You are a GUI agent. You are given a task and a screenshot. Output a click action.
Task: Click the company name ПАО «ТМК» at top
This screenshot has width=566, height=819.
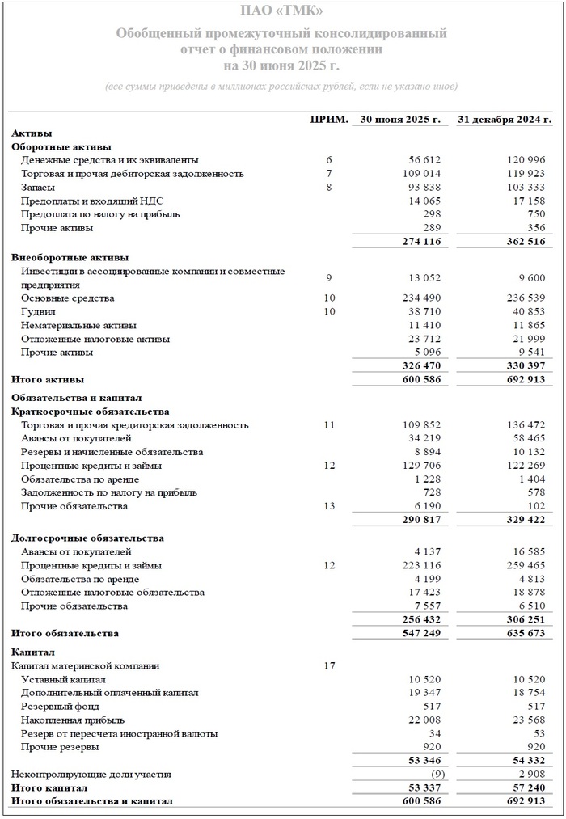point(282,11)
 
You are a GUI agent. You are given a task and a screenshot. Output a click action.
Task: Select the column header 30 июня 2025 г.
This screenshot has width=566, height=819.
point(400,119)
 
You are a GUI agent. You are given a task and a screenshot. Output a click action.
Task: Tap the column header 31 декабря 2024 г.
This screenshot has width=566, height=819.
point(505,119)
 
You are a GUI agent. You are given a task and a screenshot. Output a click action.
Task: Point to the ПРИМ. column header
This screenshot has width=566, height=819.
point(329,119)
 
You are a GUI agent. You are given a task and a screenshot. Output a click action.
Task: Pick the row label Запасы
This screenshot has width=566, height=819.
point(38,188)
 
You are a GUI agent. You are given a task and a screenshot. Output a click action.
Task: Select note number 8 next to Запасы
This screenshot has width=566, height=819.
point(329,188)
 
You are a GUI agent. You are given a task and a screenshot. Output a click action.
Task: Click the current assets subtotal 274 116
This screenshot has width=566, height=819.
point(421,242)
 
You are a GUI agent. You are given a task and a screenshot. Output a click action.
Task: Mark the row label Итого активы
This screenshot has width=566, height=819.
point(48,379)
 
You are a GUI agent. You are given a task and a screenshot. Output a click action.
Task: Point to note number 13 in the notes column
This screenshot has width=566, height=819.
point(329,506)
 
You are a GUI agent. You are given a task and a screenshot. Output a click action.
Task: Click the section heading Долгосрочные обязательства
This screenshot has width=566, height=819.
point(87,538)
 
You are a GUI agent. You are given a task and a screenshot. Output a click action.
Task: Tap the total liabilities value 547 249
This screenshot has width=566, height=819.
point(421,633)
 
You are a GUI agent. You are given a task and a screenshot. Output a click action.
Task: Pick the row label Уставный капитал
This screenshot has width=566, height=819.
point(62,679)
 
